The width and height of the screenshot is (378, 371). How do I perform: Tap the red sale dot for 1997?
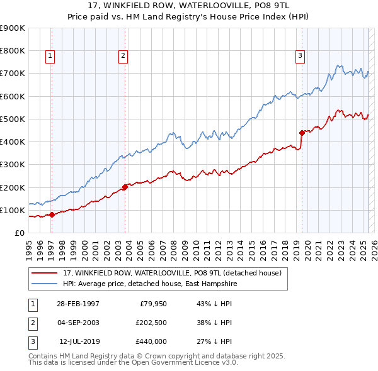click(52, 214)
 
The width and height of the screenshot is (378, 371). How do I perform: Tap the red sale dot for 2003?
click(125, 187)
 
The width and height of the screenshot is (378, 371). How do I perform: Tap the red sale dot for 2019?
click(302, 133)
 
